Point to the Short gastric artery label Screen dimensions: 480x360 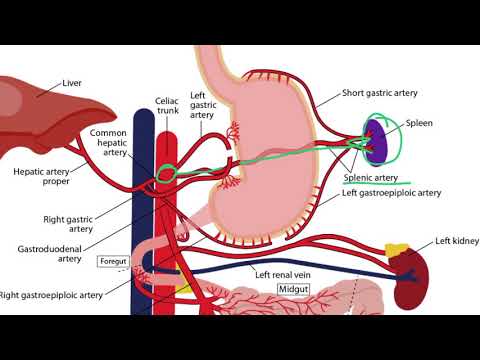pyautogui.click(x=380, y=92)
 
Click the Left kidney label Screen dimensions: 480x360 pyautogui.click(x=457, y=241)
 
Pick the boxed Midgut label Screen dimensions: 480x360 pyautogui.click(x=294, y=290)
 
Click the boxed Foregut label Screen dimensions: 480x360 pyautogui.click(x=110, y=262)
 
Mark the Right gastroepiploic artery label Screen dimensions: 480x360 pyautogui.click(x=51, y=295)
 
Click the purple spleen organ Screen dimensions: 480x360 pyautogui.click(x=377, y=143)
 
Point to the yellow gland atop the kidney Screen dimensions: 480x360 pyautogui.click(x=399, y=248)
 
